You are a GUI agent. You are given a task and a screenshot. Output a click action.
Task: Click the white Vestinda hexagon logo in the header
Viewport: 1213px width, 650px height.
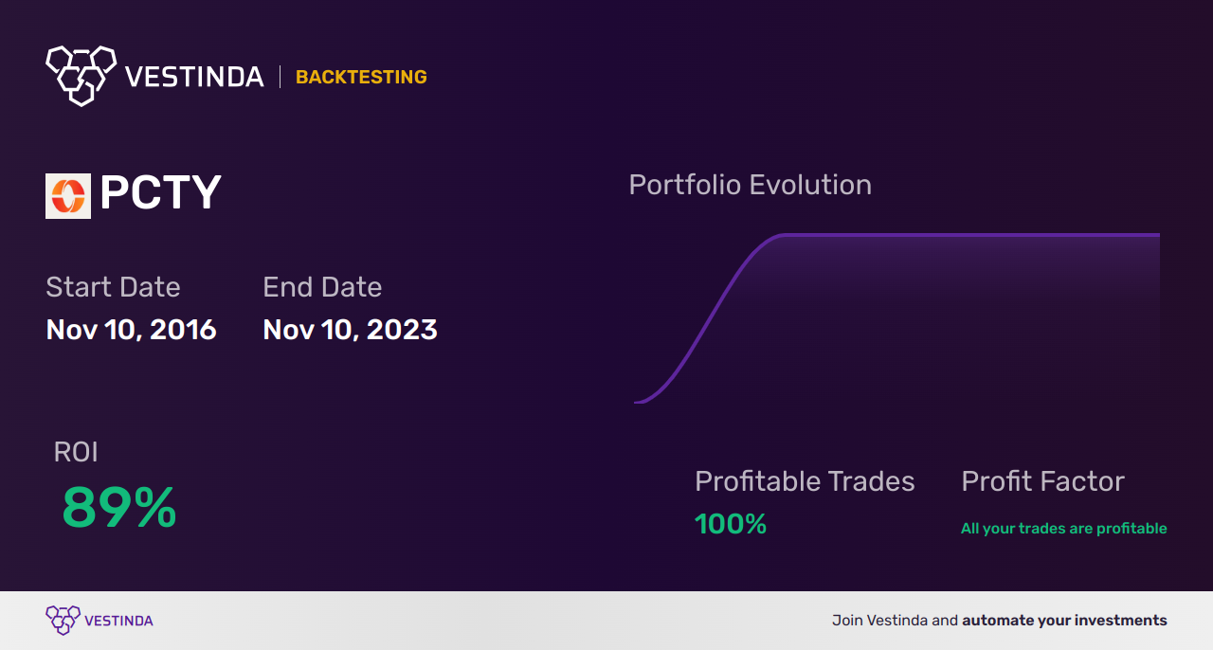coord(81,75)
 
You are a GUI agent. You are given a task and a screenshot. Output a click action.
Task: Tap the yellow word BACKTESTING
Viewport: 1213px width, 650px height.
coord(361,78)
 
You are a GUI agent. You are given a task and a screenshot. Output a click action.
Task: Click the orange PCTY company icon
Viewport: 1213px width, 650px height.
coord(68,196)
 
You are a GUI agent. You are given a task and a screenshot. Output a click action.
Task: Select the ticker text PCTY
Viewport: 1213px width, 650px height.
coord(160,194)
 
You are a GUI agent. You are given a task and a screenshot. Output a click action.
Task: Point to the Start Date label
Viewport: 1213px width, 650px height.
coord(113,287)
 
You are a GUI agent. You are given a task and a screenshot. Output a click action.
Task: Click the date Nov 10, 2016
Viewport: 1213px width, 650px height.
coord(131,330)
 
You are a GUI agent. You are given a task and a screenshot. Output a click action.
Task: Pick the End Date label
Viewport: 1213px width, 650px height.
coord(322,287)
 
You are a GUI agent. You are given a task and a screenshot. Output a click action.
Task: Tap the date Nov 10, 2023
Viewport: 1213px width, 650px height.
coord(350,330)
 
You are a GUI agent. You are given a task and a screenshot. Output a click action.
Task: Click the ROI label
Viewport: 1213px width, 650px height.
coord(76,453)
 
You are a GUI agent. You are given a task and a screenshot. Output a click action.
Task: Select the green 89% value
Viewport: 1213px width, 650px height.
coord(119,508)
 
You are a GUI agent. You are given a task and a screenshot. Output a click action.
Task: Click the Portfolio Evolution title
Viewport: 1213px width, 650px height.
coord(750,185)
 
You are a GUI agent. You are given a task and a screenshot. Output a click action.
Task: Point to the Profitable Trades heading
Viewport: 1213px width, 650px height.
coord(805,481)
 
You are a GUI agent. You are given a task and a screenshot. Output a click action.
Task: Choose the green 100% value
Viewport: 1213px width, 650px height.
coord(731,524)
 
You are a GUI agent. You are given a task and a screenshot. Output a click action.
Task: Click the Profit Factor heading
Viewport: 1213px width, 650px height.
coord(1042,481)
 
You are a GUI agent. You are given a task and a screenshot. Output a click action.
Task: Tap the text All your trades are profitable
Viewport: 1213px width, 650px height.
coord(1063,529)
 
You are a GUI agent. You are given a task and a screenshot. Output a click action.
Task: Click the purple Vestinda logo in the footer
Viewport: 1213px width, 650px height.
coord(63,621)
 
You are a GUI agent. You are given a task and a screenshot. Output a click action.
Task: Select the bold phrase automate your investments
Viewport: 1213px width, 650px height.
coord(1064,621)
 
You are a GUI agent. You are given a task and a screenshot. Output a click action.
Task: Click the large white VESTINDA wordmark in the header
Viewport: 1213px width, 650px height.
coord(194,78)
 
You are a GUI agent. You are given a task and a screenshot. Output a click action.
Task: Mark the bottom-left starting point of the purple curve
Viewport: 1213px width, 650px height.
coord(636,402)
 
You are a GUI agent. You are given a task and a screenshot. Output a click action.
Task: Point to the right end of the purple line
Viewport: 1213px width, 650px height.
coord(1158,234)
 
